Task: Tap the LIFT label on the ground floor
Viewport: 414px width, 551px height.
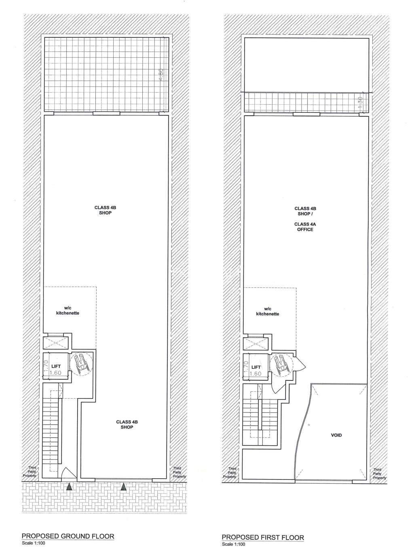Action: click(56, 367)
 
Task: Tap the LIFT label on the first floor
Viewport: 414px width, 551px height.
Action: click(256, 367)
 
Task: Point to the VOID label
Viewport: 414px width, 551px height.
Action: click(336, 435)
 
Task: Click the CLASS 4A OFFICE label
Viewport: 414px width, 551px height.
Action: click(305, 227)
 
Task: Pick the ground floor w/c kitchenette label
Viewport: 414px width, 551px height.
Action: click(68, 310)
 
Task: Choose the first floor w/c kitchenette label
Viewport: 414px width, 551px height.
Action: click(268, 312)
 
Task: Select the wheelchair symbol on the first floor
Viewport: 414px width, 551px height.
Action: click(281, 365)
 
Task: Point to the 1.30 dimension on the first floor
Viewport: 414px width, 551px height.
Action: click(361, 102)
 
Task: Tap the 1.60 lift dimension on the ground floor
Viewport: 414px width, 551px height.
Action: click(55, 373)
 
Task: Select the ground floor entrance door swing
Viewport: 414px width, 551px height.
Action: click(68, 474)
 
